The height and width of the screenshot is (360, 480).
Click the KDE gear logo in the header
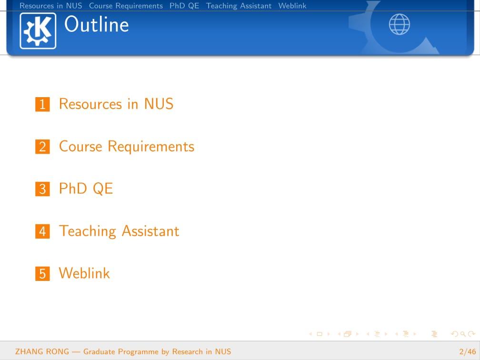(38, 31)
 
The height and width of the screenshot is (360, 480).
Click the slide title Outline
(96, 24)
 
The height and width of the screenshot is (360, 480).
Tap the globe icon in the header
(399, 24)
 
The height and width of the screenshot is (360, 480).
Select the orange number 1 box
(42, 104)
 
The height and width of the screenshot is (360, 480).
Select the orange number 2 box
(42, 147)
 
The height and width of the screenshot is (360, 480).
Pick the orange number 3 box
(42, 189)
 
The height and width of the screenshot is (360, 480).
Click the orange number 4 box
(42, 231)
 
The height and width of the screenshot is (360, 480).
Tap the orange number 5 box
(42, 274)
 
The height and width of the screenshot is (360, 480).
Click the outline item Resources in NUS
(116, 104)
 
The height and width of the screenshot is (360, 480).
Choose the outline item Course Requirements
(127, 147)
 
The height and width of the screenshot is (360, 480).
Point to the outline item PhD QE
(86, 189)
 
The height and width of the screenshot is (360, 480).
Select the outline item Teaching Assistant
(119, 231)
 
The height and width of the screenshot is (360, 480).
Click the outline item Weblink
(84, 273)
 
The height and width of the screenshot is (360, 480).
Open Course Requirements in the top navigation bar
(126, 6)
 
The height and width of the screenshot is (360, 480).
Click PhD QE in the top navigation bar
(184, 6)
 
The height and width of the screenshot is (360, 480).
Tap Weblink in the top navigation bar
(292, 6)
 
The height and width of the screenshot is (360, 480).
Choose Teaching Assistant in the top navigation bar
(239, 6)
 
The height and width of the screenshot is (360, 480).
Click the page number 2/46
(468, 351)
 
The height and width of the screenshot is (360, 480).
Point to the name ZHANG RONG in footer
(42, 351)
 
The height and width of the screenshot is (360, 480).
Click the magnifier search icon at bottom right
(463, 334)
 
